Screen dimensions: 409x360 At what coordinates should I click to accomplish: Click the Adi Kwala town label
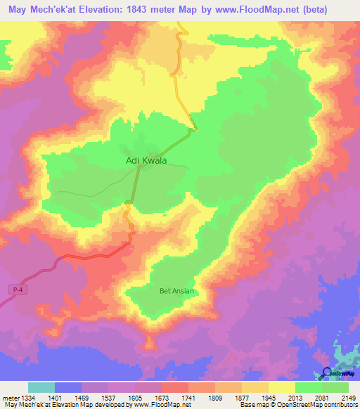pos(146,161)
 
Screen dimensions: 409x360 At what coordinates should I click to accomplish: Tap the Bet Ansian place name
pos(176,290)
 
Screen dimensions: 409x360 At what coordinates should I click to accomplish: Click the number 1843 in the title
pos(146,9)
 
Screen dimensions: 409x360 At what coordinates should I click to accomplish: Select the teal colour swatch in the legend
pos(41,387)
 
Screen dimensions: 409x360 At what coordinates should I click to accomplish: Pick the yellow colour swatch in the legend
pos(282,387)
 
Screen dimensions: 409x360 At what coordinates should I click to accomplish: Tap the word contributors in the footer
pos(342,405)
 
